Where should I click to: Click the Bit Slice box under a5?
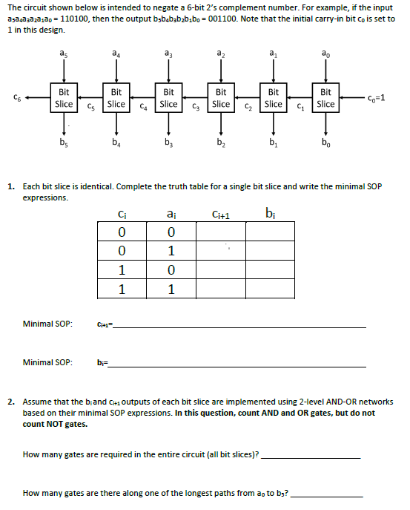(64, 99)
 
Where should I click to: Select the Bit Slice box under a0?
(325, 99)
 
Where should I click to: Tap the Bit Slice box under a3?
(168, 99)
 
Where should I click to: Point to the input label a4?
(116, 53)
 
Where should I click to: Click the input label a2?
(221, 53)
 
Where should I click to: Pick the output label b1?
(274, 142)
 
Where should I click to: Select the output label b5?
(64, 142)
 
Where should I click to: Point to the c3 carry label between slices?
(196, 108)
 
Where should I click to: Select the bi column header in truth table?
(271, 216)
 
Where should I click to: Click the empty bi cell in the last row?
(271, 288)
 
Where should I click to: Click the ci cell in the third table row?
(122, 270)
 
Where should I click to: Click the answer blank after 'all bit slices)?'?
(311, 454)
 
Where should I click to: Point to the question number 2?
(12, 401)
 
